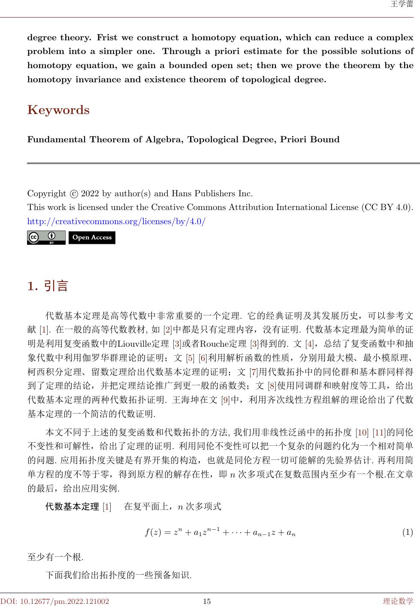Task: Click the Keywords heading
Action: (x=58, y=110)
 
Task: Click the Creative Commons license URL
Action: (x=116, y=222)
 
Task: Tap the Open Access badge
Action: (x=92, y=237)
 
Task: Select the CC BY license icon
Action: (x=46, y=237)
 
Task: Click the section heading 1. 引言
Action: (x=48, y=286)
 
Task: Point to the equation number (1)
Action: (x=407, y=533)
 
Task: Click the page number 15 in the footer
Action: (x=207, y=601)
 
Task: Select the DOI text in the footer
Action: (x=54, y=601)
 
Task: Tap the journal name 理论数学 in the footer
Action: (x=398, y=601)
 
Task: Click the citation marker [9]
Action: (x=225, y=400)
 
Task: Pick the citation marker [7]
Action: (x=254, y=373)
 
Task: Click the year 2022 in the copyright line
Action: (x=90, y=193)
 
